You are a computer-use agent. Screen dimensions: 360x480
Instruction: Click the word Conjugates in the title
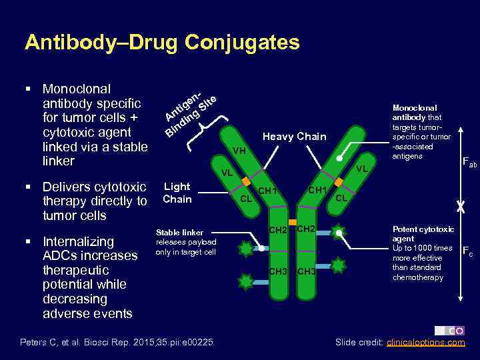(x=243, y=43)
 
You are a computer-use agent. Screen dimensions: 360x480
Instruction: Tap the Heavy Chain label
(x=294, y=137)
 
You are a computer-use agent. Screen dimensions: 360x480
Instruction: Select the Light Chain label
(x=177, y=193)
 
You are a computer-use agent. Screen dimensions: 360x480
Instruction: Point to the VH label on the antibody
(x=239, y=151)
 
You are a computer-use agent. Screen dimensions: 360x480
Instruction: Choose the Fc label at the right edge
(x=469, y=252)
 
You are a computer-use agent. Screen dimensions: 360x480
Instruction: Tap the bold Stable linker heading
(x=179, y=233)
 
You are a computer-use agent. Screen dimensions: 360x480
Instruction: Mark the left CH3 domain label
(x=278, y=271)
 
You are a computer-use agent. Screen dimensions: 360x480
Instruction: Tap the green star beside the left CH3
(x=246, y=281)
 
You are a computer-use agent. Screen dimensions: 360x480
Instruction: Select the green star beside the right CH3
(x=339, y=265)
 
